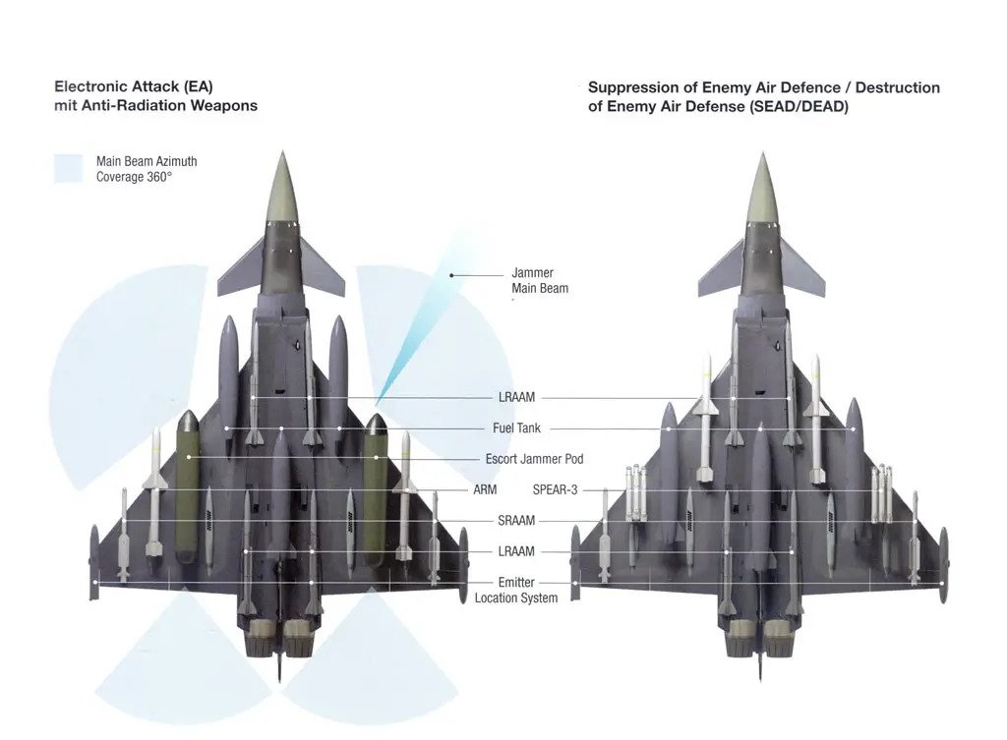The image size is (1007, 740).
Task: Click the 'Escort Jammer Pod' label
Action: pos(534,459)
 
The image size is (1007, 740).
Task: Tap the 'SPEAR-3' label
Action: pos(555,489)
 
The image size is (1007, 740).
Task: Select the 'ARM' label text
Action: pos(485,489)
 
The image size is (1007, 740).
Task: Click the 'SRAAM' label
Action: pos(516,521)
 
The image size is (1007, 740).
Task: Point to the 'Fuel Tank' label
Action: pos(516,428)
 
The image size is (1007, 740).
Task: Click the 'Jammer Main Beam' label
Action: pos(540,280)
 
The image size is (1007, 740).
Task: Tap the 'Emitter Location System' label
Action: pos(516,590)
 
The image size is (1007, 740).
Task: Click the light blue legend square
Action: pos(69,168)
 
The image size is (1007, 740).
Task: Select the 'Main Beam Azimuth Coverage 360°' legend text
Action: pos(147,168)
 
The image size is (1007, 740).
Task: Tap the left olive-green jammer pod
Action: pos(188,491)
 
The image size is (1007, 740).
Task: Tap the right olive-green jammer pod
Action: pos(375,491)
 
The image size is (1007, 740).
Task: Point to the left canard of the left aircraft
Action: pos(241,266)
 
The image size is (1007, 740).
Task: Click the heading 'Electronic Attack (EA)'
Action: pos(134,86)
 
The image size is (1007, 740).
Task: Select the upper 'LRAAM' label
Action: pos(516,398)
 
